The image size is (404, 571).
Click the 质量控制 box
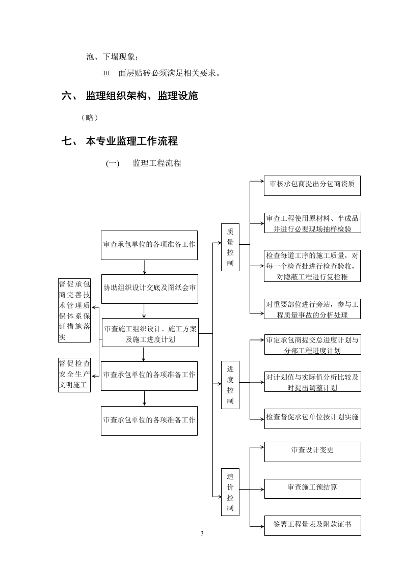pos(230,247)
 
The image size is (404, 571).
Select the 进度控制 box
pos(230,385)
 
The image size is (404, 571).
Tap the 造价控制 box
pos(230,492)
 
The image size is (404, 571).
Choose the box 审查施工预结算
pos(312,488)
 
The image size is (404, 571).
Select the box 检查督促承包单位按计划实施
pos(312,417)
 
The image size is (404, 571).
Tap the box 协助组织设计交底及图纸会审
pos(149,288)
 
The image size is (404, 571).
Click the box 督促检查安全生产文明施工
pos(75,374)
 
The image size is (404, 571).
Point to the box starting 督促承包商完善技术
pos(75,310)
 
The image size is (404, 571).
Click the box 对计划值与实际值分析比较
pos(312,382)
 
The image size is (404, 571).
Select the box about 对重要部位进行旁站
pos(312,309)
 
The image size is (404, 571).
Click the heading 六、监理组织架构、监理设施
pos(130,96)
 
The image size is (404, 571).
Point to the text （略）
pos(90,118)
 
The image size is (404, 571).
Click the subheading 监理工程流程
pos(156,163)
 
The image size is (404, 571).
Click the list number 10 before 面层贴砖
pos(106,73)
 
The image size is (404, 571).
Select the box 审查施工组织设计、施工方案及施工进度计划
pos(149,333)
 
